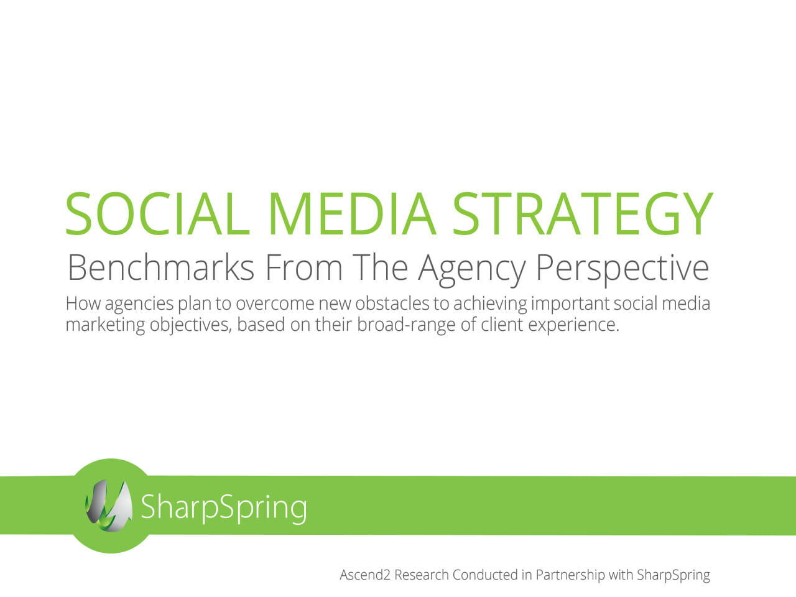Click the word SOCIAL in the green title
point(158,213)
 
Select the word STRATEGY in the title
point(583,213)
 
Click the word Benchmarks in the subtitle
point(160,267)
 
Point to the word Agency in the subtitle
point(472,270)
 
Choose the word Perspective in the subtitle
point(622,270)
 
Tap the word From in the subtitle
point(304,267)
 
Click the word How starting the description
point(83,303)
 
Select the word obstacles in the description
point(392,303)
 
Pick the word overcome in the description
point(275,305)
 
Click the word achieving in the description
point(490,305)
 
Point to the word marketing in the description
point(105,325)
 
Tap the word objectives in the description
point(190,325)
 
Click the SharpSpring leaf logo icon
point(109,506)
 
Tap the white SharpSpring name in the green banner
point(224,507)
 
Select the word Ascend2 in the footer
point(365,575)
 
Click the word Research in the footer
point(422,575)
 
